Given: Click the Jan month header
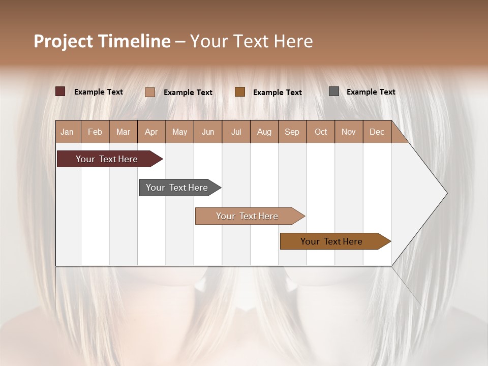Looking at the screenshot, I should (67, 132).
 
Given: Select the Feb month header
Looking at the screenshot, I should (95, 132).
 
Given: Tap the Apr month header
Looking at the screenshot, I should (151, 132).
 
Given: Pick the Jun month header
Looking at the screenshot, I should (208, 132).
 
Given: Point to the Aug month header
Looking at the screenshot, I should (264, 132).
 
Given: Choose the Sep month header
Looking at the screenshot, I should (292, 132).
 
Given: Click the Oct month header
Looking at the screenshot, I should (321, 132).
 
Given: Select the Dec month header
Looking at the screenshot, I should (377, 132).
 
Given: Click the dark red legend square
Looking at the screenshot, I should (60, 91).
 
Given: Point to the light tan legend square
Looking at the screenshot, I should (149, 92).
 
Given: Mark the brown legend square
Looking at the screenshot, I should (240, 91).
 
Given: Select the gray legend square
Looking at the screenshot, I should (333, 91).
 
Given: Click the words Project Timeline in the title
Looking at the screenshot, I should (102, 41).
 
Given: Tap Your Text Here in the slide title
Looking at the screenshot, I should (251, 41).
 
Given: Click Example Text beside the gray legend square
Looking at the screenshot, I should (371, 92).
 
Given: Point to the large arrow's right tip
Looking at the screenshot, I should (446, 193).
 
